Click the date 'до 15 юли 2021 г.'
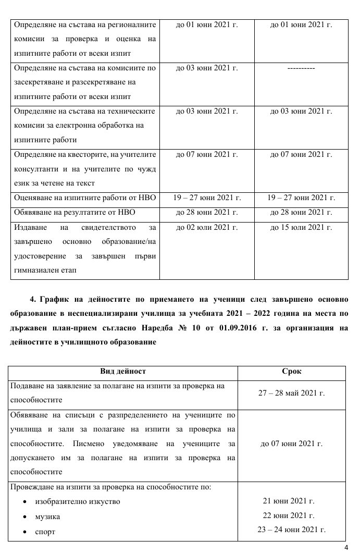[x=301, y=228]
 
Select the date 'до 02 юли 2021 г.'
[x=207, y=228]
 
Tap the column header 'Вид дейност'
[x=123, y=372]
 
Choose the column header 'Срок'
[x=291, y=372]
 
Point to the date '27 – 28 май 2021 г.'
[x=291, y=393]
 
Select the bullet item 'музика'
[x=47, y=516]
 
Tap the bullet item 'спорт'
[x=45, y=532]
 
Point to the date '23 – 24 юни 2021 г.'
[x=291, y=530]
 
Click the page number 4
[x=346, y=547]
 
